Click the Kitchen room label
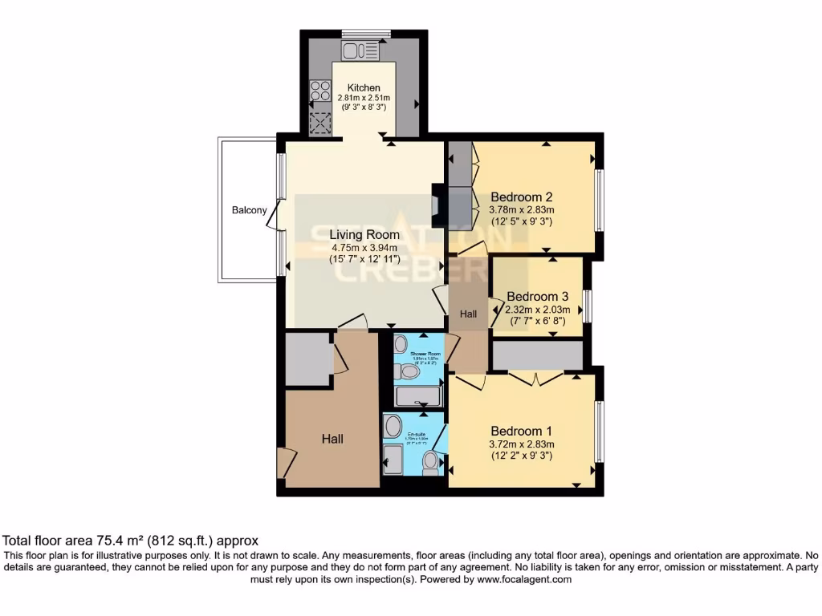tap(364, 87)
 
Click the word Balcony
tap(249, 210)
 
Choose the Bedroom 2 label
tap(522, 197)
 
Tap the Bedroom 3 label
tap(537, 295)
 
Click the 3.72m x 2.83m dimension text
tap(522, 444)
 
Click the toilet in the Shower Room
tap(409, 373)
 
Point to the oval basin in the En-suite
tap(393, 427)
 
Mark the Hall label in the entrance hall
tap(332, 439)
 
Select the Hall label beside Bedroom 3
tap(468, 315)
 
